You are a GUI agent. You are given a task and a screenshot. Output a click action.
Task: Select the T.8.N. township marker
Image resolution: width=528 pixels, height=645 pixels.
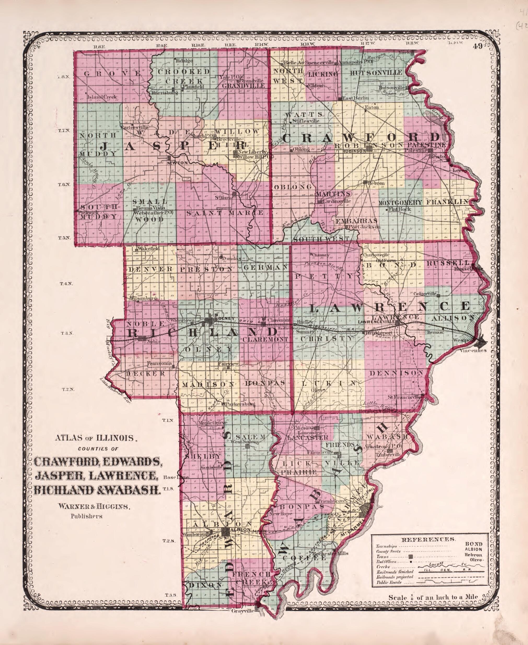pyautogui.click(x=64, y=77)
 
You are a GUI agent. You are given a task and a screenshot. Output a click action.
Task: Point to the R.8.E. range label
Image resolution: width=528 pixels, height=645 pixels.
pyautogui.click(x=99, y=46)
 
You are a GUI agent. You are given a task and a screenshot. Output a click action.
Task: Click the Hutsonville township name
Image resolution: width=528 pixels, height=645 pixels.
pyautogui.click(x=376, y=73)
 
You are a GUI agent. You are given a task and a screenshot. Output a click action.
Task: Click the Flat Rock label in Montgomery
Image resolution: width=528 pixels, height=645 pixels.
pyautogui.click(x=400, y=209)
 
